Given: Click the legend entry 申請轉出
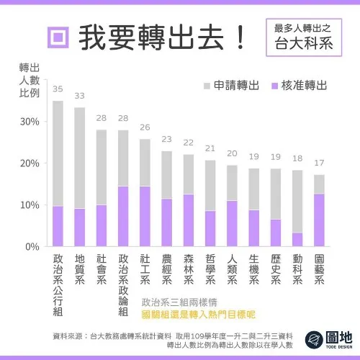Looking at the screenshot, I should (230, 85).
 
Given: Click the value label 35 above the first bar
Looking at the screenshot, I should (58, 89).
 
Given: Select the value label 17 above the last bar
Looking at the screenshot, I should (319, 163).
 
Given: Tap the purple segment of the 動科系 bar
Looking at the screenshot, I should (297, 239).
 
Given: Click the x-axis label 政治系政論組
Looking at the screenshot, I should (122, 284).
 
